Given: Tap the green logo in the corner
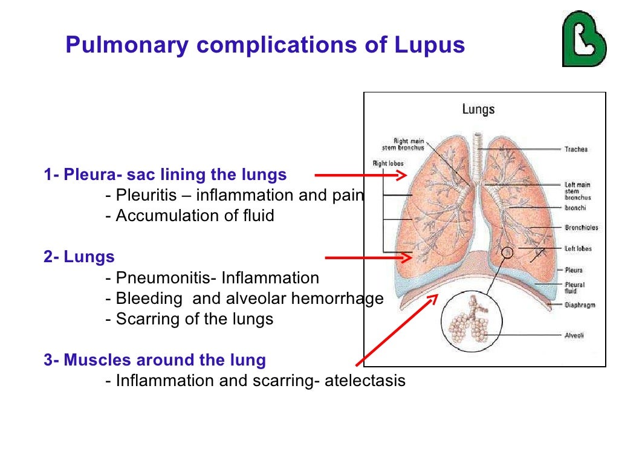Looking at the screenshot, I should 583,39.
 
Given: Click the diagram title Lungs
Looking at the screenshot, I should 478,109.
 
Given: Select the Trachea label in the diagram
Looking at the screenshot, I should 576,149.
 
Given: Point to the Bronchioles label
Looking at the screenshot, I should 582,228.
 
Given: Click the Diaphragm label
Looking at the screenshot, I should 580,305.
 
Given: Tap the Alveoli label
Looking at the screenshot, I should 574,335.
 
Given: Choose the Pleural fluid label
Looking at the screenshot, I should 575,288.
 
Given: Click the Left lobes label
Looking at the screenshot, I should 578,248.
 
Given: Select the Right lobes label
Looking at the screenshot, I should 387,163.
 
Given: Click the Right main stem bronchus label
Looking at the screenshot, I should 403,144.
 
